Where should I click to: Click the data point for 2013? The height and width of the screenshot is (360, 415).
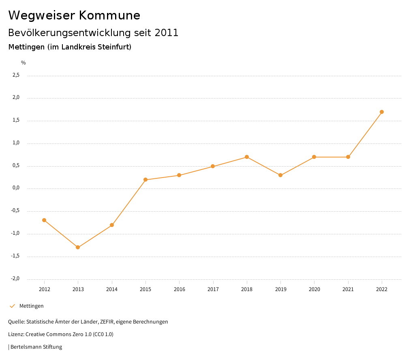(78, 247)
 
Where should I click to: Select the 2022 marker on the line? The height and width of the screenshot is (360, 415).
(382, 112)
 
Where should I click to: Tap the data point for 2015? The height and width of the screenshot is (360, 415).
(145, 180)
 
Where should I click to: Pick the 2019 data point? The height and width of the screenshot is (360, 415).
(280, 175)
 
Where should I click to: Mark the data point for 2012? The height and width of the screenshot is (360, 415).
(44, 220)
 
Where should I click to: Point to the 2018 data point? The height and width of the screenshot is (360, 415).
(247, 157)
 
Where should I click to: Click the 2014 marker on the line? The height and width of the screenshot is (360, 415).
(112, 225)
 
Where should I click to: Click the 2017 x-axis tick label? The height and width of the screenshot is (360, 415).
(213, 289)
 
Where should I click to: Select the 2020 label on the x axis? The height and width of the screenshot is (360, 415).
(314, 289)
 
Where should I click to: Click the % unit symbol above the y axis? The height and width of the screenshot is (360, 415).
(24, 63)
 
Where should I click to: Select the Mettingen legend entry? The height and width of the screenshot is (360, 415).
(31, 306)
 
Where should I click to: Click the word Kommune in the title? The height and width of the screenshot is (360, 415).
(109, 15)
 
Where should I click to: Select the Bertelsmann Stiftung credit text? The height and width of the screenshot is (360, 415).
(36, 347)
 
